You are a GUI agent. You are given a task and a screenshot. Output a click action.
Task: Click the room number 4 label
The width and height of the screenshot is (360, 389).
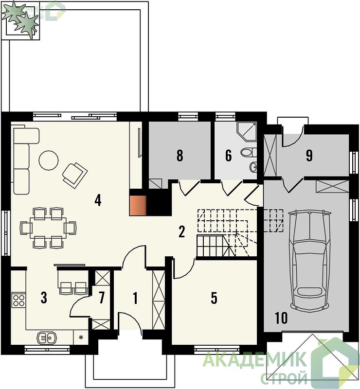(x=98, y=200)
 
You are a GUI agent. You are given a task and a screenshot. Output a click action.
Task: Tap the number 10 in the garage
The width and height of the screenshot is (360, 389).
(x=281, y=318)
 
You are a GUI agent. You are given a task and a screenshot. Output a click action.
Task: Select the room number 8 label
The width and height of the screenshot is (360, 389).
(x=180, y=156)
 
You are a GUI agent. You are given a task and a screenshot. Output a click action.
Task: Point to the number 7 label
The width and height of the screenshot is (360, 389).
(x=101, y=298)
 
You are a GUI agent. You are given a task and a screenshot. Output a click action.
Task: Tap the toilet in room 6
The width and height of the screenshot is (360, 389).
(x=249, y=152)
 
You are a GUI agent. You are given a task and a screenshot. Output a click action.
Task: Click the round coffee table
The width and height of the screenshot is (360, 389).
(x=49, y=160)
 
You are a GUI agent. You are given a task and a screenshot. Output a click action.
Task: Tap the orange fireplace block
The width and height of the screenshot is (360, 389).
(x=138, y=205)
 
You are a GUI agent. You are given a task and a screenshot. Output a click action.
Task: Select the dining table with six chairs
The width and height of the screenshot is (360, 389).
(x=48, y=228)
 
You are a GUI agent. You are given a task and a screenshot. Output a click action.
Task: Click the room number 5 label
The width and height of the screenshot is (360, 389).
(x=214, y=298)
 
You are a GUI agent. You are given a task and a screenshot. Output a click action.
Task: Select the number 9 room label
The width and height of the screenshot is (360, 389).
(x=309, y=156)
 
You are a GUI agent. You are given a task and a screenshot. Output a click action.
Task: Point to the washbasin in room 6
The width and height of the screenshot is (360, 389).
(x=253, y=167)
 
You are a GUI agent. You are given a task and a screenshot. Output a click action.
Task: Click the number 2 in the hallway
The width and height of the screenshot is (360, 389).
(x=182, y=232)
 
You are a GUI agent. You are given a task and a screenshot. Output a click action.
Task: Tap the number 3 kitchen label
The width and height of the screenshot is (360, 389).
(x=44, y=298)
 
